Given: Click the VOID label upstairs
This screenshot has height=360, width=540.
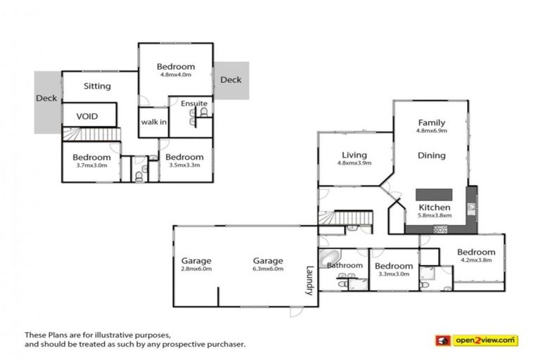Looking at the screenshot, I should pos(86,116).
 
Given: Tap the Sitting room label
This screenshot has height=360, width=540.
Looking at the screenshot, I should pos(97,86).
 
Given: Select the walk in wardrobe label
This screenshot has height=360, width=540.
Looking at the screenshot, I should pos(153,122).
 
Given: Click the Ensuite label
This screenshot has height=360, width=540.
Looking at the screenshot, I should pos(194,104).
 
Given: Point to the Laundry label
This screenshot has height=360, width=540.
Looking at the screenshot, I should pos(308,280).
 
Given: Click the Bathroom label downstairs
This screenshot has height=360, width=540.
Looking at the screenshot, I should pos(344,265).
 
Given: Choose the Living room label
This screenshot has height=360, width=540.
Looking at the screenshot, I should pos(355,155).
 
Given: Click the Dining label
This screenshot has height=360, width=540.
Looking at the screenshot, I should pos(431,155).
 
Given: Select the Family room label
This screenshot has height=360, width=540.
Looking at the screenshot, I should pos(432,122).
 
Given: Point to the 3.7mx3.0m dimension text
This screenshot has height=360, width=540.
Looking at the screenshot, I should pos(91,166).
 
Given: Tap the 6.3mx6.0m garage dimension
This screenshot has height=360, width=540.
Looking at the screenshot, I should pos(269,269).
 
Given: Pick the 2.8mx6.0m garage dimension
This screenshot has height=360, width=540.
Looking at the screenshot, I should pos(196,269).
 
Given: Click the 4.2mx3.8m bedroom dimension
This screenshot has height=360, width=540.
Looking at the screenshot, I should pos(476,261).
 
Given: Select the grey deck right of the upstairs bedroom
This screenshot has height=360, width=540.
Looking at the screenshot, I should pos(231,79).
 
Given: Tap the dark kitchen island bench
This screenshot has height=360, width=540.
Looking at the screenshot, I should pos(434,194).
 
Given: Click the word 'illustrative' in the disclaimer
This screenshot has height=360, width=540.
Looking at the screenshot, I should pos(119,335).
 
